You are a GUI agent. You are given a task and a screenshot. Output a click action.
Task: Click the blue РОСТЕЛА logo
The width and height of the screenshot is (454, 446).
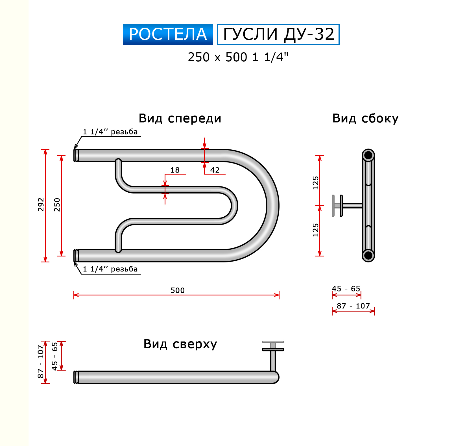click(168, 34)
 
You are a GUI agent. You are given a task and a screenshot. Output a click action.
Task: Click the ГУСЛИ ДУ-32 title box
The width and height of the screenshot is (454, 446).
click(278, 34)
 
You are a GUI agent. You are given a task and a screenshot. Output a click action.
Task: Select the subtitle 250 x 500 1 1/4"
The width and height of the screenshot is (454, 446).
click(238, 57)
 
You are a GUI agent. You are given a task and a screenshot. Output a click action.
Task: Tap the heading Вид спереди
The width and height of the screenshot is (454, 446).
click(180, 118)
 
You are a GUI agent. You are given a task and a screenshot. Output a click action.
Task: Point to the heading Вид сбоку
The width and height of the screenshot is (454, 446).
click(365, 118)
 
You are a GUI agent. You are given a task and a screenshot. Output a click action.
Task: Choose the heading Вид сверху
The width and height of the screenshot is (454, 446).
click(180, 344)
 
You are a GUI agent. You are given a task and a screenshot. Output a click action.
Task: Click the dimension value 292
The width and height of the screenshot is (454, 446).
click(41, 204)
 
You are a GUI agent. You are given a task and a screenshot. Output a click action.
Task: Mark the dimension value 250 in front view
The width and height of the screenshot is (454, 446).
click(57, 204)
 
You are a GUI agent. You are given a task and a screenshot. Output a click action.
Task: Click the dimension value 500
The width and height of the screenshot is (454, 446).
click(177, 290)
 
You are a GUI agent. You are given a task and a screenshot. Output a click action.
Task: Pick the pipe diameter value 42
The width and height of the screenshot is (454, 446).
click(215, 170)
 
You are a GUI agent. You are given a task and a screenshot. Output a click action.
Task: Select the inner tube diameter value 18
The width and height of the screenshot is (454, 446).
click(175, 170)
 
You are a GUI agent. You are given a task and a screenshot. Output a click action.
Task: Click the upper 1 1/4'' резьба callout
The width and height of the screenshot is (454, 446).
click(110, 132)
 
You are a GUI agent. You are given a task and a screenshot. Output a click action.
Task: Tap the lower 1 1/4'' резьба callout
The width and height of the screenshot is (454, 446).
click(110, 269)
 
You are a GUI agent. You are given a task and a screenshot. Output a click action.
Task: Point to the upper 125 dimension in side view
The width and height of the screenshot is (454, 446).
click(315, 183)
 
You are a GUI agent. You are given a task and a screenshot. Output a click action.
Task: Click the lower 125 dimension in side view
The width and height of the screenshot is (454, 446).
click(315, 230)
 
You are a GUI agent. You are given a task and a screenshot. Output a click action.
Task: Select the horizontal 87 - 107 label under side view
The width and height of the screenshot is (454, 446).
click(353, 306)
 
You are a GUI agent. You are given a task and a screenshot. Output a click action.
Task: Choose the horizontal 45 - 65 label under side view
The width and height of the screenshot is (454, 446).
click(346, 289)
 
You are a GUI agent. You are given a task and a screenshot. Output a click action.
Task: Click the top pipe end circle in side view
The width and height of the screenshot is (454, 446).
click(368, 155)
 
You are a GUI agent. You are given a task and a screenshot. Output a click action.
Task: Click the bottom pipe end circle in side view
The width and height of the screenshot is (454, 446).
click(368, 255)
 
